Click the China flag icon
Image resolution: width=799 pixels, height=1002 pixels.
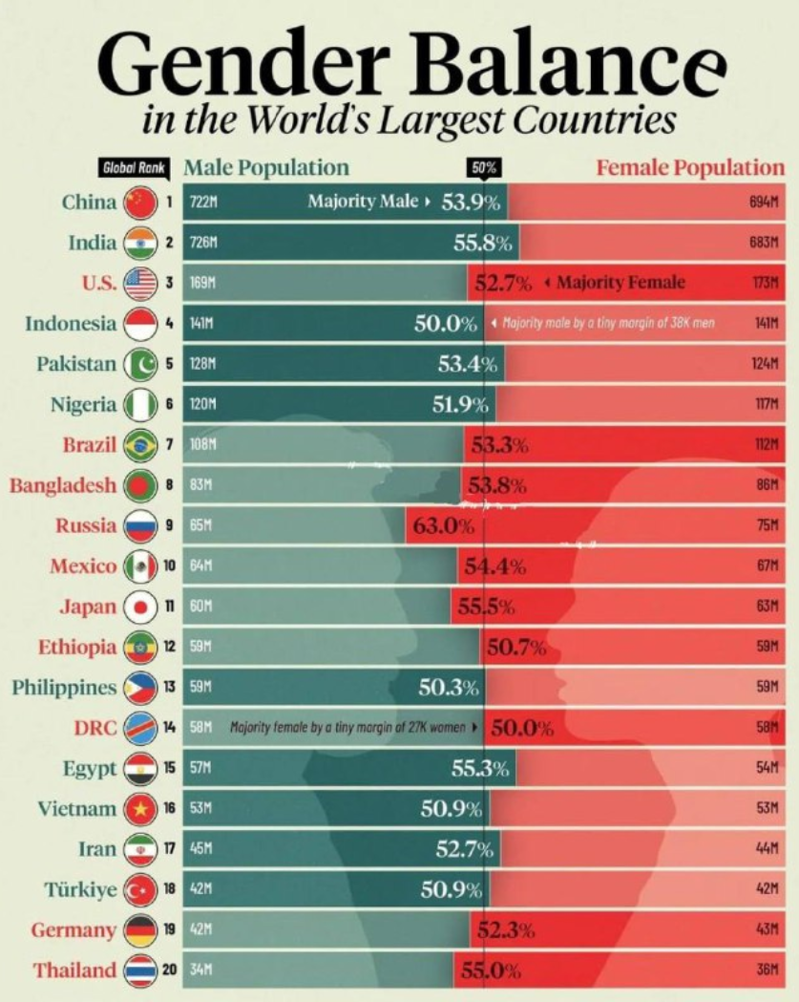pos(138,202)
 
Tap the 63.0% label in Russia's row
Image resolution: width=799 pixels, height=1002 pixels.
pos(443,525)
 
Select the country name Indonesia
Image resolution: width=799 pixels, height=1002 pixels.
pos(71,323)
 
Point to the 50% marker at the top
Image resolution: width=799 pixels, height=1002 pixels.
pos(484,168)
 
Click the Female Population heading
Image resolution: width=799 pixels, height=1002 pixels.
pos(689,168)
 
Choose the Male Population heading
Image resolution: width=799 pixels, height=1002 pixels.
pos(266,168)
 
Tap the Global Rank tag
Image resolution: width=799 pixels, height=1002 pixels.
pos(133,168)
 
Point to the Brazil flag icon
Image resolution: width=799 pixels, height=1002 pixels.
pos(139,445)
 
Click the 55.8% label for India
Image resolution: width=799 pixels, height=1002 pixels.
pos(485,243)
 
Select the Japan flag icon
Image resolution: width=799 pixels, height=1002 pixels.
pos(139,607)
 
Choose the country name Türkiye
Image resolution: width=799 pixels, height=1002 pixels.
pos(80,889)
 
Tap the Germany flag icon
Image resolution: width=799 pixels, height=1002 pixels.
pos(139,930)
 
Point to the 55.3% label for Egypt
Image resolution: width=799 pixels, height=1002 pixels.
pos(481,768)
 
